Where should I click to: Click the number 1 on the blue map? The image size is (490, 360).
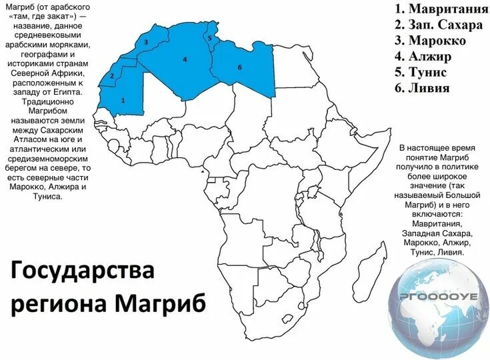point(123,100)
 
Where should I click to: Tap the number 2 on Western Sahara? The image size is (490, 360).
point(112,75)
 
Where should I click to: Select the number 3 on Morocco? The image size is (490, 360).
point(145,42)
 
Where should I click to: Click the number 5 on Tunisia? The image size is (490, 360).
point(209,39)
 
